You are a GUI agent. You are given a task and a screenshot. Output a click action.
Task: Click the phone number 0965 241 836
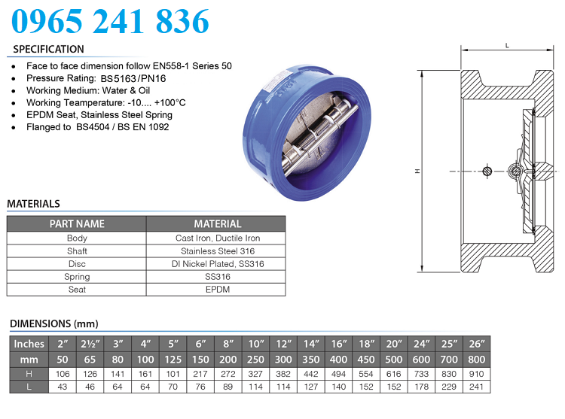tap(110, 21)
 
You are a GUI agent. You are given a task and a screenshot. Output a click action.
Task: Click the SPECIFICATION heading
tap(49, 49)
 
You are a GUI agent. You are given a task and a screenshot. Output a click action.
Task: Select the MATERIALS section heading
tap(33, 204)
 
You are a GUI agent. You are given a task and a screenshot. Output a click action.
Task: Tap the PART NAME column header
tap(77, 223)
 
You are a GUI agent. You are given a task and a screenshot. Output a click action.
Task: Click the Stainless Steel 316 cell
tap(217, 250)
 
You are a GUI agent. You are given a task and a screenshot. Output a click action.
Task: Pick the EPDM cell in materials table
tap(217, 290)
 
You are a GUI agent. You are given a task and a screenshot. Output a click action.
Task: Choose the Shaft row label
tap(77, 250)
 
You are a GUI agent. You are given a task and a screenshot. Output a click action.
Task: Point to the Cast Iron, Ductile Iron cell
tap(217, 238)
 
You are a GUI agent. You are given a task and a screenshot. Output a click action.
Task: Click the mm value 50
tap(62, 360)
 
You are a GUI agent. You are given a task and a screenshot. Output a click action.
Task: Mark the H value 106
tap(62, 373)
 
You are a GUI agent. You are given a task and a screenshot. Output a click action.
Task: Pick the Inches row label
tap(29, 345)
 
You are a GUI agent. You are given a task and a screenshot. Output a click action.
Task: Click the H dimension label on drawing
tap(417, 172)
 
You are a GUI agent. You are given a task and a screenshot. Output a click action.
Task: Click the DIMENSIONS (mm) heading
tap(54, 324)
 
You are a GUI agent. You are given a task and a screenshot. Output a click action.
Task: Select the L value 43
tap(62, 387)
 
